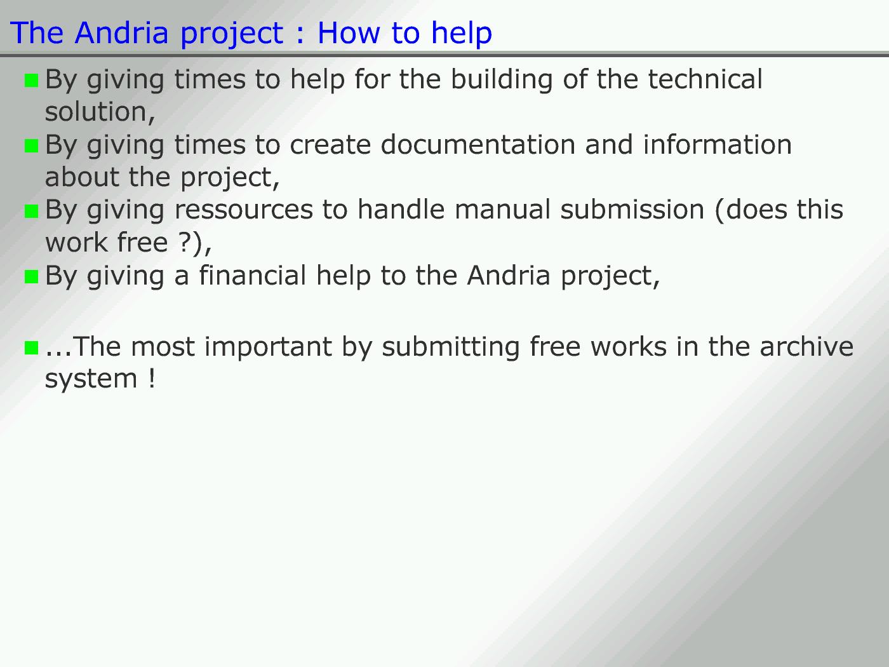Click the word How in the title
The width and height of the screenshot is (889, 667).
(349, 32)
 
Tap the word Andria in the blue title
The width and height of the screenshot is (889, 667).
(121, 32)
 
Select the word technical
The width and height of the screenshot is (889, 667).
(705, 79)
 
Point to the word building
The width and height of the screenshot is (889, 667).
(502, 80)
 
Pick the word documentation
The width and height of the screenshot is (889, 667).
(478, 144)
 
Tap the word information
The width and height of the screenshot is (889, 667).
(718, 144)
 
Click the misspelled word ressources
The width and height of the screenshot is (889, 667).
(244, 210)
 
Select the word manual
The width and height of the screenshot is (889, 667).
(502, 210)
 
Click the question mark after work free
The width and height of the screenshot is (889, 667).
(184, 242)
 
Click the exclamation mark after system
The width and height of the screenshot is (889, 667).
(152, 378)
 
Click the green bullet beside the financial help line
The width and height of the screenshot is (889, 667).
(32, 277)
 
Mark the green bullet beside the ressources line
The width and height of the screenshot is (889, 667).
(32, 211)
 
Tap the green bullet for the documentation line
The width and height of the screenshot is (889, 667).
(32, 146)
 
